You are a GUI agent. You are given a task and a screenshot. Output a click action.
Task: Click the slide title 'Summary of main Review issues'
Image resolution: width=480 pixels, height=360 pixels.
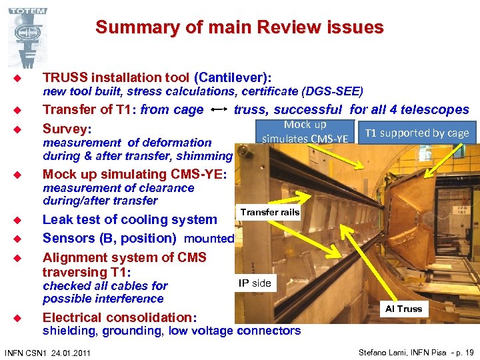point(239,27)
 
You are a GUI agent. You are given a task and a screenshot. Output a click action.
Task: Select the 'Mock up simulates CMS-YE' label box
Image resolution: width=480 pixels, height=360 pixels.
point(305,132)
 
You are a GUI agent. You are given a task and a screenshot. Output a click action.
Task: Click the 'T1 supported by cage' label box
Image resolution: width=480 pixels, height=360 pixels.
point(417,133)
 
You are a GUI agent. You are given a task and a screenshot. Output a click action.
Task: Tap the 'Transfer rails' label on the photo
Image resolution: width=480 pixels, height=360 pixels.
point(270,212)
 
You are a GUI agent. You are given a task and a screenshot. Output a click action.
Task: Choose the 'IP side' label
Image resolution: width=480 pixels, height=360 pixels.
point(255,283)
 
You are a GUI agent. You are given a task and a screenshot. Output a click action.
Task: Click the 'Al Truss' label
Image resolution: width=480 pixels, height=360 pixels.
point(404,309)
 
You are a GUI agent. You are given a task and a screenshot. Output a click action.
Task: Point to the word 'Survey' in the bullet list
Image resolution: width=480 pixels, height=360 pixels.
point(65,128)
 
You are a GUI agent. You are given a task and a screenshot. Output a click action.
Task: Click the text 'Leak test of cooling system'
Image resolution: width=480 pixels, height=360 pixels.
point(130,219)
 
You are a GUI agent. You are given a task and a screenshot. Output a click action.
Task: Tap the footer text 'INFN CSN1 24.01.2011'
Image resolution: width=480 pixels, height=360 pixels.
point(48,352)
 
